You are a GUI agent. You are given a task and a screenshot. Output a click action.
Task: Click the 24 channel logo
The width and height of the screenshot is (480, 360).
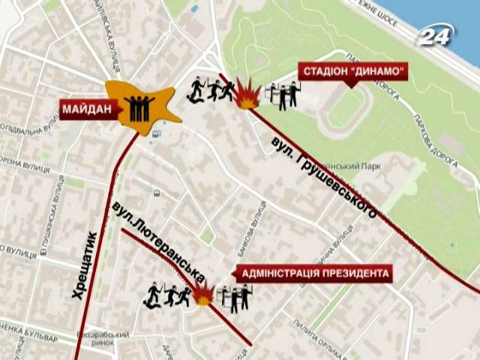pos(437,35)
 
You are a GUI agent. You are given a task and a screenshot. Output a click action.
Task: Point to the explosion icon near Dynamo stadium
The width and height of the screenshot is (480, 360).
pos(246,93)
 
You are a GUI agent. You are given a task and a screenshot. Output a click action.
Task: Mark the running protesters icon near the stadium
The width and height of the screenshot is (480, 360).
pos(208,90)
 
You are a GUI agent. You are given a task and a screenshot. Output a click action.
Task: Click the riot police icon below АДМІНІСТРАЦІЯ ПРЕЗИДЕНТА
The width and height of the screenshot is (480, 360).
pos(235,298)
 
